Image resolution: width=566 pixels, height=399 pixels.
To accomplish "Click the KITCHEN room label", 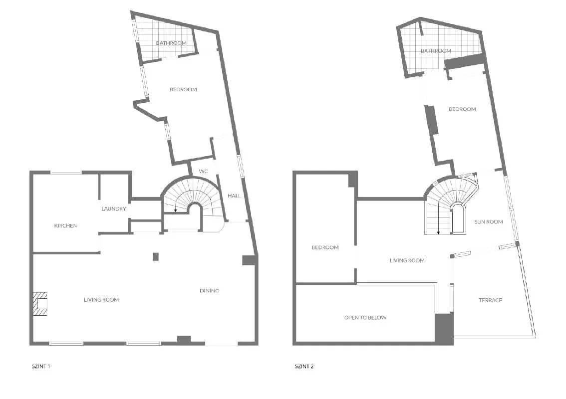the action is pos(66,226).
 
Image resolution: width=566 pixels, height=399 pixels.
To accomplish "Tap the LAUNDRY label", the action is pos(114,209).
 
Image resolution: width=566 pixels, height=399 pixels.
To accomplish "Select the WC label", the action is pos(204,172).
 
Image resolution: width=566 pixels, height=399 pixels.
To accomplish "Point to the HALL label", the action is pos(234,196).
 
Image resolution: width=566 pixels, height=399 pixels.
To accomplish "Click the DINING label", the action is pos(209,290).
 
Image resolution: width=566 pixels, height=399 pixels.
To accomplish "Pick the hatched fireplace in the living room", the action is pos(40,304).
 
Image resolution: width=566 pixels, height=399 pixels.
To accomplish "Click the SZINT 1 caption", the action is pos(41,366).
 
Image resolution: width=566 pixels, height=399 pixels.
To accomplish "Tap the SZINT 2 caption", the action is pos(304,366).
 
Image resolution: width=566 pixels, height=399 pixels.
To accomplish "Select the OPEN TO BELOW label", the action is pos(365,318).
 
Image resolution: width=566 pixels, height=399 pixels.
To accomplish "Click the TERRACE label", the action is pos(490,300).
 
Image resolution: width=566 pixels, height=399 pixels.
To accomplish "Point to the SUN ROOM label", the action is pos(489,222).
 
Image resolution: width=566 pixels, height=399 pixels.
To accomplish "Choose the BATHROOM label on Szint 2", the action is pos(436,51).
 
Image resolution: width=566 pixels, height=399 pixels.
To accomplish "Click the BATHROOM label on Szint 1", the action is pos(171,43).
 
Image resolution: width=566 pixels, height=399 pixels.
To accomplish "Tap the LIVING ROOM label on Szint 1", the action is pos(101,299).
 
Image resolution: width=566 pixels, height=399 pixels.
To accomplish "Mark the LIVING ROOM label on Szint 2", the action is pos(407,260).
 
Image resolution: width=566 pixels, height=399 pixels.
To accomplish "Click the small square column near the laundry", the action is pos(156,256).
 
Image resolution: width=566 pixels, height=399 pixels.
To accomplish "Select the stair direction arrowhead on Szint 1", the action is pos(175,210).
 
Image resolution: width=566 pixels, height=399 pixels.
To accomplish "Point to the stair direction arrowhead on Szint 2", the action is pos(439,233).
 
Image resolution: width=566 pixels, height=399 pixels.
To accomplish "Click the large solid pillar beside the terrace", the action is pos(444,328).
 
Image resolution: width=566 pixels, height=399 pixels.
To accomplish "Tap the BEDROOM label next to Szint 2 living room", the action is pos(325,247).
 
